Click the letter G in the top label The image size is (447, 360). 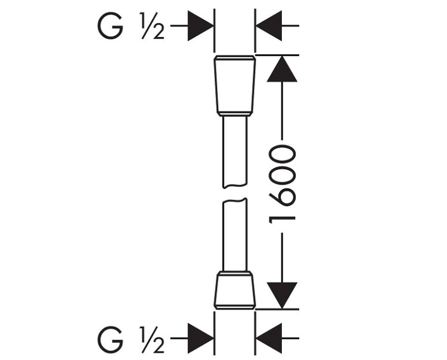[x=110, y=26]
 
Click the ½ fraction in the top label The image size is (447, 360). [x=153, y=26]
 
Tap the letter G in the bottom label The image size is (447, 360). [x=110, y=339]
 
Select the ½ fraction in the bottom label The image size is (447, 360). [x=153, y=339]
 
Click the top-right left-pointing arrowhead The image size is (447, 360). [x=269, y=26]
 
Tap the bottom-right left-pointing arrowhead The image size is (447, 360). [x=269, y=339]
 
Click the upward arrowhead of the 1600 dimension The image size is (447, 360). [x=282, y=69]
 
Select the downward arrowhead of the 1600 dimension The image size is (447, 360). [x=282, y=296]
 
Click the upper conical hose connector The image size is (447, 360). [x=235, y=85]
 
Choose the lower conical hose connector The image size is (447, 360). [x=235, y=290]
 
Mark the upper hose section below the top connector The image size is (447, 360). [x=235, y=152]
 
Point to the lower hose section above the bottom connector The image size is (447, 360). [x=235, y=234]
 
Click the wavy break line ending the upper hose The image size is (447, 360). [x=235, y=186]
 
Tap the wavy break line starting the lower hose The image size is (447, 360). [x=235, y=200]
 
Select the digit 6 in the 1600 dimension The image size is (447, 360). [x=282, y=196]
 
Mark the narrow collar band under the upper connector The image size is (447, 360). [x=235, y=114]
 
